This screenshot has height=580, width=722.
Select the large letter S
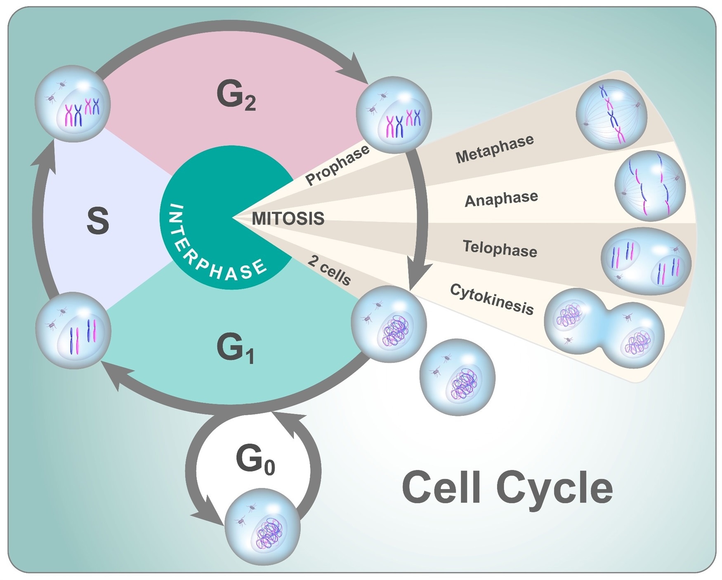click(x=98, y=221)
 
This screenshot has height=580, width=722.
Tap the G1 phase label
click(x=234, y=349)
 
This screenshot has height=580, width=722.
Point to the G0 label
click(x=255, y=460)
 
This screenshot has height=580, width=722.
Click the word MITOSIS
click(x=288, y=218)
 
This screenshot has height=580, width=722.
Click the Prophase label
click(x=337, y=165)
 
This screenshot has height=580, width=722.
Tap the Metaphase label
click(x=495, y=149)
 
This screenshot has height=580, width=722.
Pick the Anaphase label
click(x=501, y=199)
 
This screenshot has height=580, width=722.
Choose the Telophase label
click(x=500, y=249)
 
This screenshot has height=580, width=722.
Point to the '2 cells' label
click(x=329, y=271)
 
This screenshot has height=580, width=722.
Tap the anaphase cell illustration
click(x=650, y=186)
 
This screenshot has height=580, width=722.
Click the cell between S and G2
click(x=73, y=104)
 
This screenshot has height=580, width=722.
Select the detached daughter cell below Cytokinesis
click(x=457, y=377)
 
